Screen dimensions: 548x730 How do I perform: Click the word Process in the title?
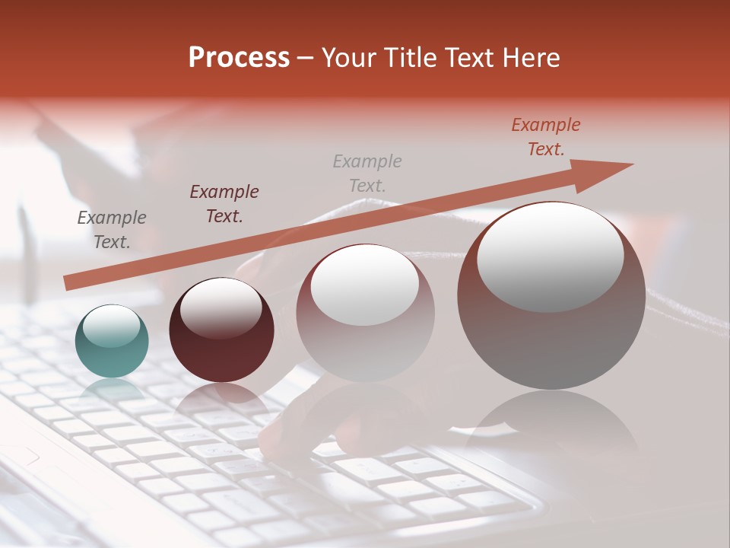pos(239,58)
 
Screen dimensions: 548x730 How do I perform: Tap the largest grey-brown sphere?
pos(551,320)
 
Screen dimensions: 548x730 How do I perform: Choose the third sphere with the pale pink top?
pos(365,335)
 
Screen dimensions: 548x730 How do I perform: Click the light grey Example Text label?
pos(367,173)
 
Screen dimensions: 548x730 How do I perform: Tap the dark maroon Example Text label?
pos(224,204)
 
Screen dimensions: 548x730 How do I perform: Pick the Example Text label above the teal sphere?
pos(112,230)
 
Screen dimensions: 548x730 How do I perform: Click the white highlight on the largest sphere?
pos(550,255)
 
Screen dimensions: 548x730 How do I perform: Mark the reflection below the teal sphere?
pos(112,392)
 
